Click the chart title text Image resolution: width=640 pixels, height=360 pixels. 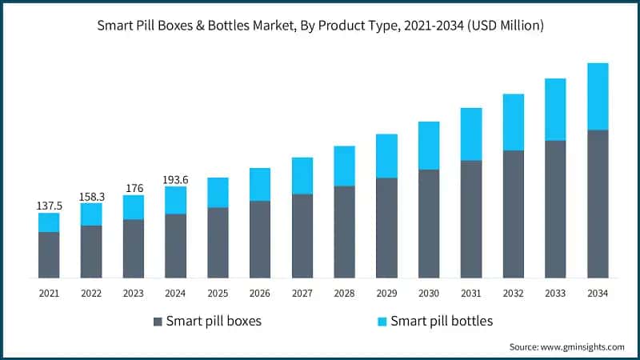coord(320,26)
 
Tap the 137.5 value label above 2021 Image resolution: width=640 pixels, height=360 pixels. coord(49,206)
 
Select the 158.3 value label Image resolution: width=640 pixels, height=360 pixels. coord(91,195)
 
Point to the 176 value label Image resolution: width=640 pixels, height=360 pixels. coord(134,188)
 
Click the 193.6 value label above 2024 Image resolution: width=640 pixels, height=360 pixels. coord(175,180)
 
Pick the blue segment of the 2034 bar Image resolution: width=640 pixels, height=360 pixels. coord(598,96)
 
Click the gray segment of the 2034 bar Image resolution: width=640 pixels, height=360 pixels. coord(598,203)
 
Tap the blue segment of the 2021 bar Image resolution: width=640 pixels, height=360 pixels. coord(49,222)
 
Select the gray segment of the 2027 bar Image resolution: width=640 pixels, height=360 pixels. coord(302,235)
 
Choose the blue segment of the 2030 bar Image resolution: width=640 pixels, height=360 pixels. coord(429,146)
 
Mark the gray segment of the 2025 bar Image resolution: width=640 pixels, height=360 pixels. coord(218,242)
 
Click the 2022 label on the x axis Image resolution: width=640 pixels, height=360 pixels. coord(91,294)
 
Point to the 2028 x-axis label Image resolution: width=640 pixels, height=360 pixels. coord(344,294)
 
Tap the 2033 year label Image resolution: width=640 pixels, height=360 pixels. coord(555,294)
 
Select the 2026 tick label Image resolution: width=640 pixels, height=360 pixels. coord(260,294)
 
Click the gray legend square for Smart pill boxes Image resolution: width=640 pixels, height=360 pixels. coord(157,322)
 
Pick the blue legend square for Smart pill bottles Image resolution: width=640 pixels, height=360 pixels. coord(382,322)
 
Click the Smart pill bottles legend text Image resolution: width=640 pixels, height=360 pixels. coord(442,322)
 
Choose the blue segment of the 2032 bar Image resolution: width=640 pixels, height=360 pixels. coord(513,122)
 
